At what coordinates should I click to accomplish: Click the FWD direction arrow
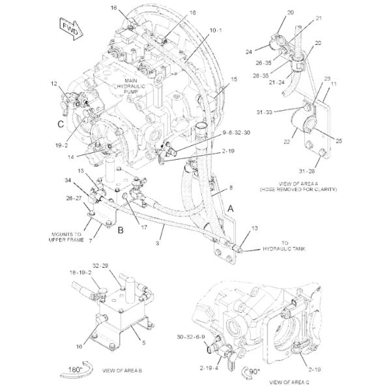coord(68,29)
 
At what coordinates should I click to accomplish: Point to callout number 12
coord(54,83)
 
